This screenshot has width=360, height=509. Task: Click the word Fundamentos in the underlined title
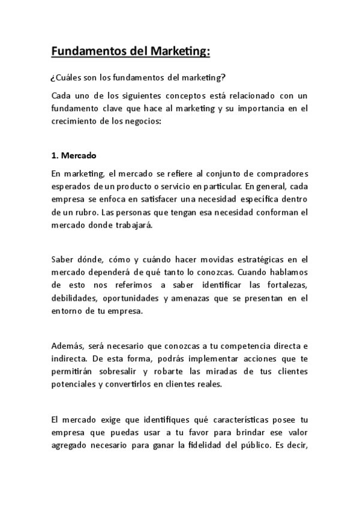click(88, 52)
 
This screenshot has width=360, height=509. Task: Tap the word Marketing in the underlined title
click(178, 52)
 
